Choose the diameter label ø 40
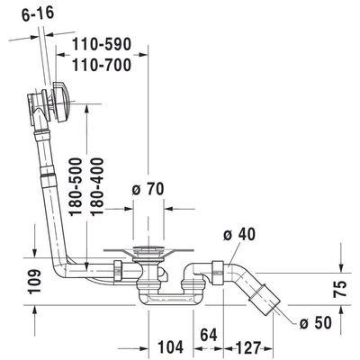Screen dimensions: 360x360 point(239,235)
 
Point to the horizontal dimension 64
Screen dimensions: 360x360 point(210,335)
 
